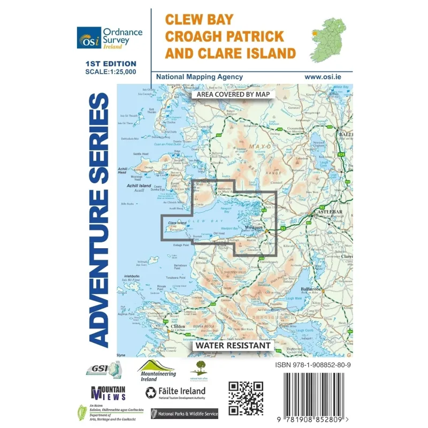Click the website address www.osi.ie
click(323, 77)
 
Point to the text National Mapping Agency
click(199, 77)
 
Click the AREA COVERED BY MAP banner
click(233, 94)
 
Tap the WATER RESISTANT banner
click(232, 345)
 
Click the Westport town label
click(253, 227)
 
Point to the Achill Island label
click(139, 186)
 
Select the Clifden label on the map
click(178, 326)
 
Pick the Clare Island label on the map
click(177, 223)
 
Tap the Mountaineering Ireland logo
click(157, 370)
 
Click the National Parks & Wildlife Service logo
click(185, 414)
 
